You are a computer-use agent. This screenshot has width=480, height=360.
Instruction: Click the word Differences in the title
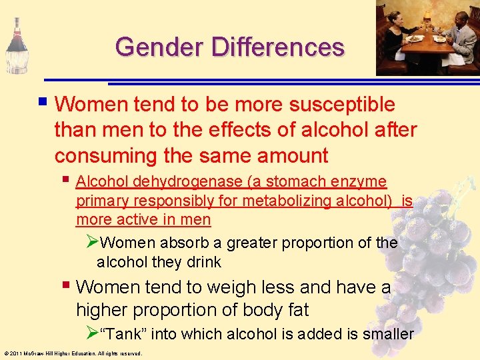click(x=278, y=47)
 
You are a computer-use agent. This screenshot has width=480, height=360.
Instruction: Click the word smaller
click(x=388, y=334)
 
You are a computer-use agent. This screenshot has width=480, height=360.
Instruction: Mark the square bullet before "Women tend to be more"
click(x=43, y=103)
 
